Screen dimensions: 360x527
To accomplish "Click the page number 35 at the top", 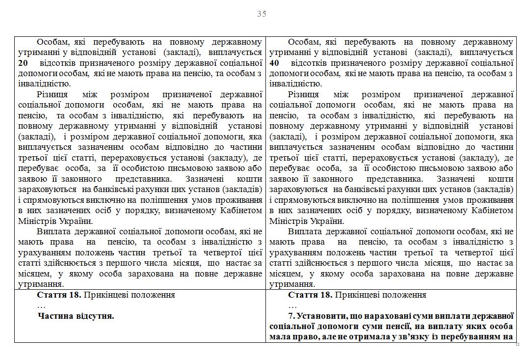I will (x=262, y=14).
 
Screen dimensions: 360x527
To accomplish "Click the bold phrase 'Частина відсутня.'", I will (x=76, y=316).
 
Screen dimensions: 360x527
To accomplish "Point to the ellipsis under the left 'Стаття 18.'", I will (x=41, y=305).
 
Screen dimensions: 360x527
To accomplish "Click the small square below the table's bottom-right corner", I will (x=518, y=344).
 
